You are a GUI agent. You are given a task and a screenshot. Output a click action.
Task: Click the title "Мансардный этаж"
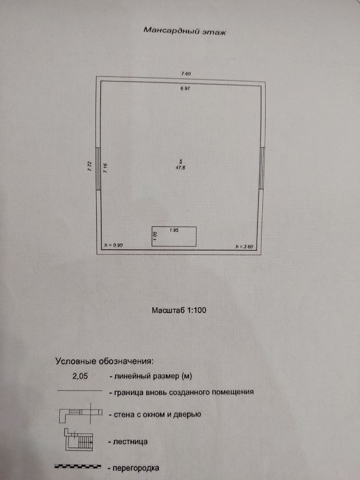tap(185, 31)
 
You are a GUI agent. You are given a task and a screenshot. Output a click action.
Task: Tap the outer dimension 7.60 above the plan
tap(186, 74)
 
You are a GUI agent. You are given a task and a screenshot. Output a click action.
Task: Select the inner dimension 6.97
tap(185, 88)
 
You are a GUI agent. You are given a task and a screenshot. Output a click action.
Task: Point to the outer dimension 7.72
tap(89, 166)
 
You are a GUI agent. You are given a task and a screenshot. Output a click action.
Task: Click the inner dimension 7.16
tap(106, 167)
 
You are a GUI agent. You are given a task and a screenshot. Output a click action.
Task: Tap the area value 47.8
tap(181, 168)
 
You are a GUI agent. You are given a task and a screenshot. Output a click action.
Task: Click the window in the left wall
tap(98, 168)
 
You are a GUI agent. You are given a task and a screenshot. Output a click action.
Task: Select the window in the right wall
tap(262, 168)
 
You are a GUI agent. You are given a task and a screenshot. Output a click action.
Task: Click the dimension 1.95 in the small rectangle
tap(174, 230)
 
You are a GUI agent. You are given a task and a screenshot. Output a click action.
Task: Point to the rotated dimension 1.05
tap(155, 236)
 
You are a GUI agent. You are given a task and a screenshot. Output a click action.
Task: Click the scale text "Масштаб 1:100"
tap(179, 310)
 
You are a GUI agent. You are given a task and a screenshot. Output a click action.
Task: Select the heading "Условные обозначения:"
tap(105, 361)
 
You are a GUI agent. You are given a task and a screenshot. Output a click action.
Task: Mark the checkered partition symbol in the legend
tap(78, 467)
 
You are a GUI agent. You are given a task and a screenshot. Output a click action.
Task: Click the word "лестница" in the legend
tap(130, 442)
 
